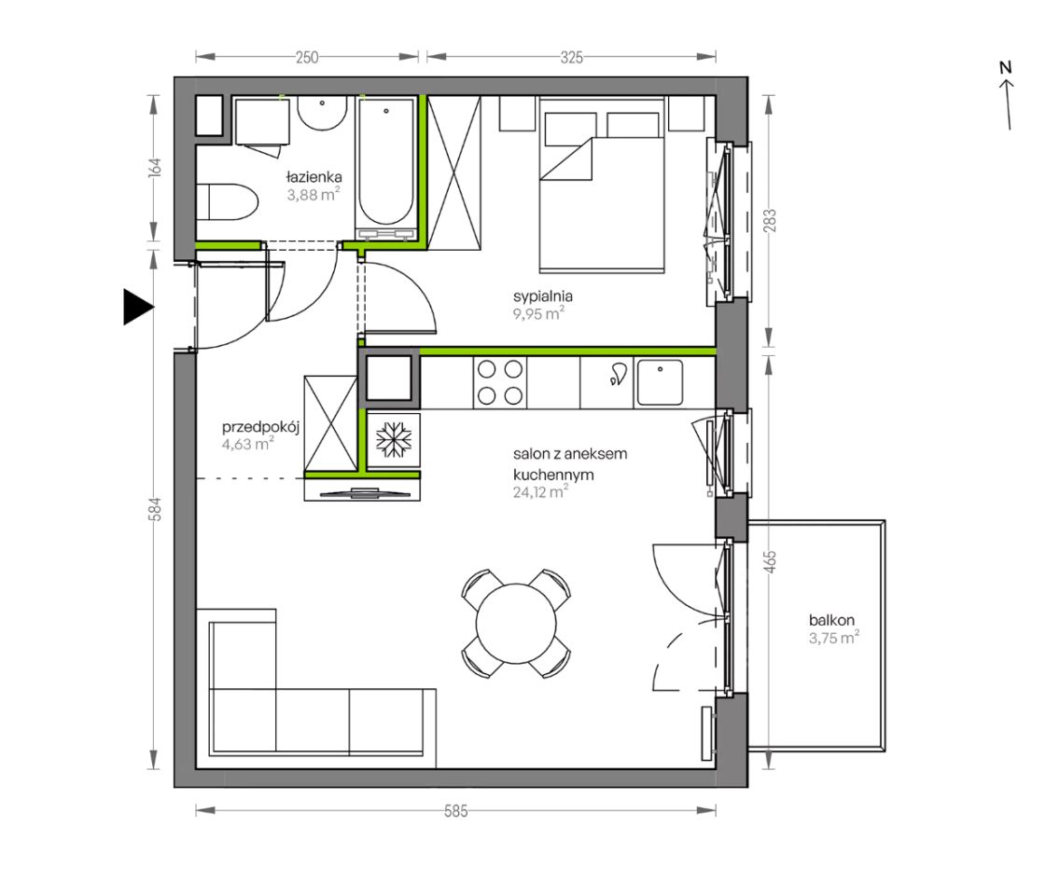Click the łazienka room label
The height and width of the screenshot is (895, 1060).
[x=314, y=177]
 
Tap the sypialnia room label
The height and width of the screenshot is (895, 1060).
[x=543, y=296]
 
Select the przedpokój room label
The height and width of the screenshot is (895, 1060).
[x=260, y=427]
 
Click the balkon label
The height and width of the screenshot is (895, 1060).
[x=831, y=619]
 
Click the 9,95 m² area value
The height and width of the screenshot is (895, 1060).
[x=538, y=313]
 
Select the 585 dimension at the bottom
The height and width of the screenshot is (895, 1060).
[x=455, y=810]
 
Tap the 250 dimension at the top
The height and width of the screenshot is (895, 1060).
[x=307, y=58]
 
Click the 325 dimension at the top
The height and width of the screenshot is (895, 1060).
[x=571, y=58]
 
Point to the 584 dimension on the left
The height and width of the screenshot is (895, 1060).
[x=156, y=509]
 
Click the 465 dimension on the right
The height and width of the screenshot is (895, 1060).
[x=770, y=562]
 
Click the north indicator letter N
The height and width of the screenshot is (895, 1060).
[x=1005, y=67]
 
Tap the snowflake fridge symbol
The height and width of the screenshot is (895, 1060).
[x=394, y=440]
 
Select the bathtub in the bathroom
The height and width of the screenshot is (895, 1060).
[x=386, y=168]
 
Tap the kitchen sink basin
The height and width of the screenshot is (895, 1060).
[x=660, y=382]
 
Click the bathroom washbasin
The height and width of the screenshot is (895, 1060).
[x=323, y=113]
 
